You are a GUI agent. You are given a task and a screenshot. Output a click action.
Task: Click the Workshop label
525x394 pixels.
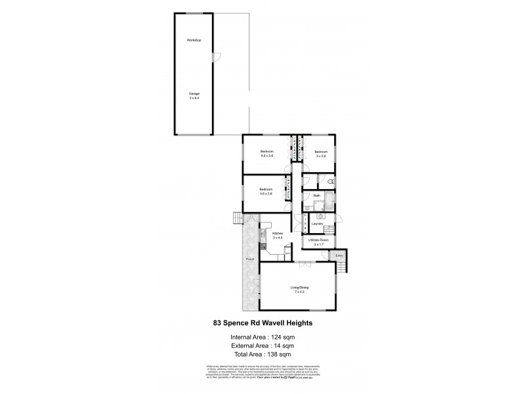click(x=193, y=41)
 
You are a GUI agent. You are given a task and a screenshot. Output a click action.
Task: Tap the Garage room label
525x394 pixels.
click(x=194, y=93)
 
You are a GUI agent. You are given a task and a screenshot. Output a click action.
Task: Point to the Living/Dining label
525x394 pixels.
click(x=299, y=288)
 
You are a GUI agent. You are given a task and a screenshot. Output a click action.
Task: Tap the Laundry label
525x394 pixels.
click(x=318, y=224)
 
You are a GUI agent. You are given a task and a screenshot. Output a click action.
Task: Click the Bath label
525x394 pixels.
click(x=316, y=195)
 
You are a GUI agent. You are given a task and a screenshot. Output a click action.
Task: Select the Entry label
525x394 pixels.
click(x=339, y=255)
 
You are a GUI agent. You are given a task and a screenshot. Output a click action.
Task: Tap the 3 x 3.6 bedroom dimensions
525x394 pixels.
click(x=322, y=156)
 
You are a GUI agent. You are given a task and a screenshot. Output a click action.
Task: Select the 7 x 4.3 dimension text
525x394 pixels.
click(x=299, y=292)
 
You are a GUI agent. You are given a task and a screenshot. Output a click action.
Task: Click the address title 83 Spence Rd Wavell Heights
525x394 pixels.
click(x=262, y=322)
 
